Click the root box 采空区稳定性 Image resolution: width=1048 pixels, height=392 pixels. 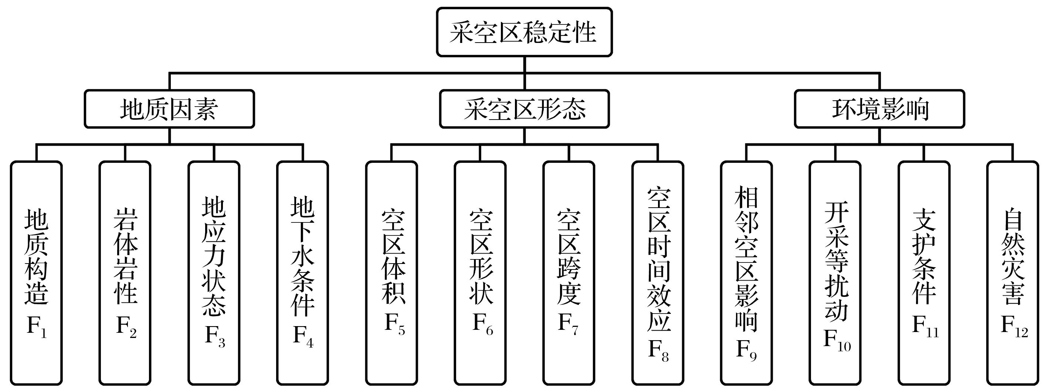point(524,32)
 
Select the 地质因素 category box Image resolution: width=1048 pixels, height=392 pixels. point(169,109)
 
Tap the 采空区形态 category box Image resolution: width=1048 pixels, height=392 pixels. point(525,109)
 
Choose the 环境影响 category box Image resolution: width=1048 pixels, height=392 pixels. point(879,109)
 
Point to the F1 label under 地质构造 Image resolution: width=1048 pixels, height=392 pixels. point(37,327)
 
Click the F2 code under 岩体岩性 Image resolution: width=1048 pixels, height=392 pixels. point(126,327)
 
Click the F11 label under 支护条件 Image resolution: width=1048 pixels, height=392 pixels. point(925,327)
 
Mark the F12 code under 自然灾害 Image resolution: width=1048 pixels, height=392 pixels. point(1014,327)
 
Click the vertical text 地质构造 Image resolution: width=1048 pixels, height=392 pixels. point(37,257)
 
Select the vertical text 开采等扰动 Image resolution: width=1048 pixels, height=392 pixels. point(837,261)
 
